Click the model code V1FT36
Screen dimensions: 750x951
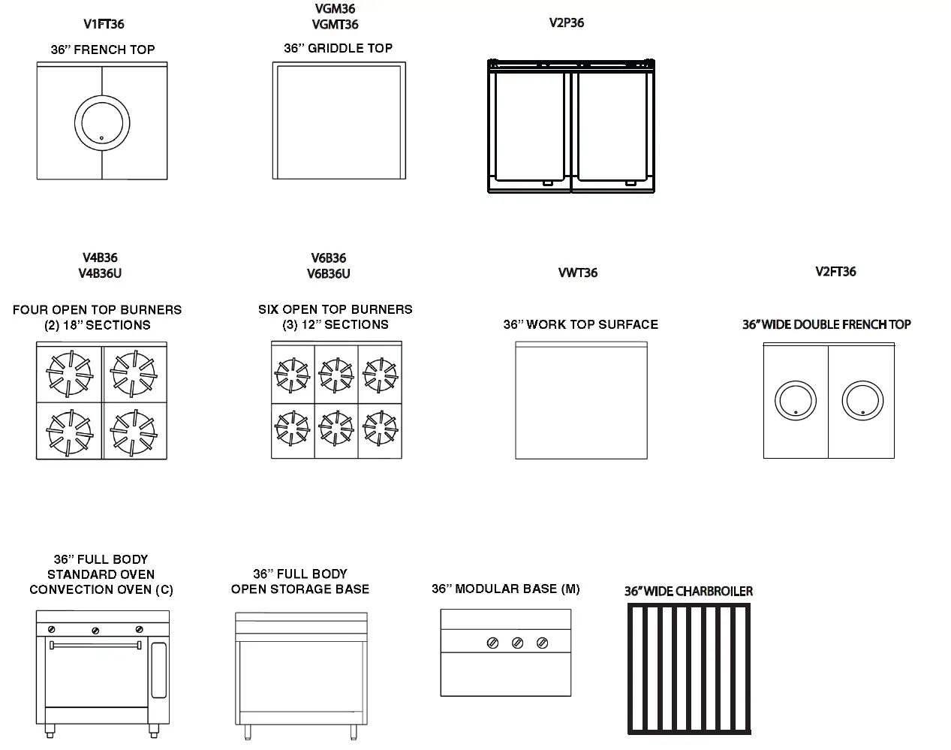(104, 24)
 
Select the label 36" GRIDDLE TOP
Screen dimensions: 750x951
(338, 48)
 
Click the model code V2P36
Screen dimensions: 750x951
(566, 23)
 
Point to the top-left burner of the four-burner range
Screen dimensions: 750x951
(69, 372)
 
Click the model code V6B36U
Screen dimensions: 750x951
(328, 274)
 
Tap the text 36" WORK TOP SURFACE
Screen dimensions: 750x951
(580, 324)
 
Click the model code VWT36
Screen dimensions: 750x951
(578, 273)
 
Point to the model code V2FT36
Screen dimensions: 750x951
(835, 272)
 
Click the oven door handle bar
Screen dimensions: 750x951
(95, 645)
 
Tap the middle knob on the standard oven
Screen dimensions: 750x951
(95, 630)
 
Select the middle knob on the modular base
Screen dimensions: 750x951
(517, 643)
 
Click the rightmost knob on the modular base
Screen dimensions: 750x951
(542, 643)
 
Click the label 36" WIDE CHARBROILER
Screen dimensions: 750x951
(688, 592)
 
